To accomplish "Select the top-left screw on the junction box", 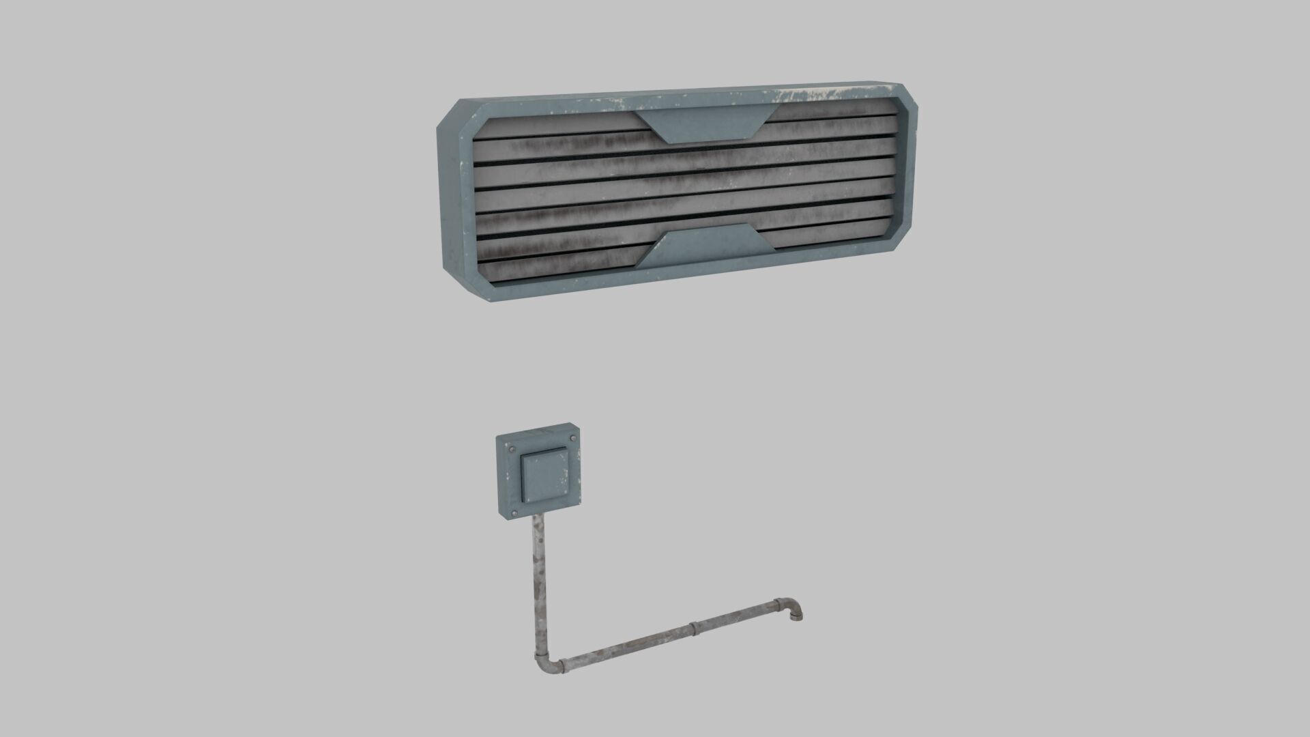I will [x=509, y=448].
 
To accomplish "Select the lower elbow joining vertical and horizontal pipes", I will [x=543, y=661].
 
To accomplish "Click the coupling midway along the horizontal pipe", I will [x=694, y=628].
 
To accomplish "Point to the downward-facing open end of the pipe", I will [x=796, y=619].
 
